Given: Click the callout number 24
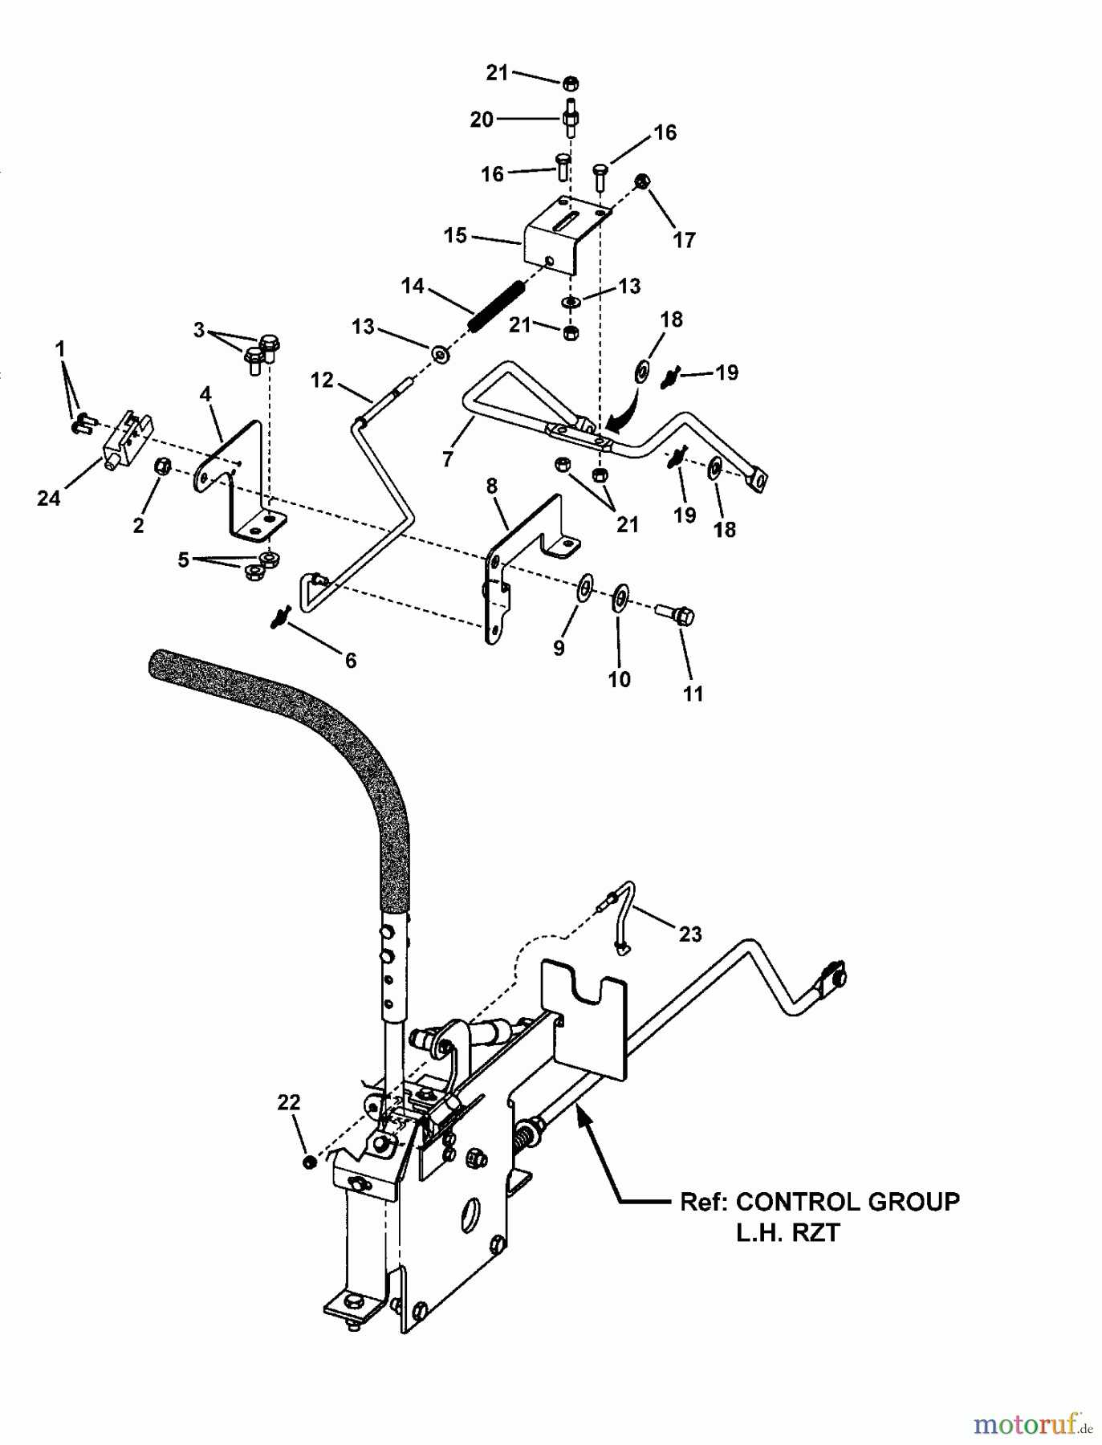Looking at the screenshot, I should [48, 499].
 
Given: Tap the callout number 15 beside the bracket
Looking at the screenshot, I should [455, 236].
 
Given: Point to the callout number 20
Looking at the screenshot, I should [481, 120].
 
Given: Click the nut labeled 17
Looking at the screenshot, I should [642, 181].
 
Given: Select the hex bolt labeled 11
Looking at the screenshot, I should [679, 616].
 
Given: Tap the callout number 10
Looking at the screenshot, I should [619, 679].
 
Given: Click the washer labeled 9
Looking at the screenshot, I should [585, 587].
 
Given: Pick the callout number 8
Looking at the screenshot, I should [491, 486].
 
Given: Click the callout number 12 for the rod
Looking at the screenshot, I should [322, 380].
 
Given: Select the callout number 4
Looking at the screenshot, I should [205, 394].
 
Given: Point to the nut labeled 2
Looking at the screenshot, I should [161, 466].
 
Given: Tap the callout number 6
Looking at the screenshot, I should [351, 660].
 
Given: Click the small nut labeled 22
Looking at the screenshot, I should [309, 1162].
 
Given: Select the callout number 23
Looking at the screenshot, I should [689, 934].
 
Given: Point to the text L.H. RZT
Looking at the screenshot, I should [787, 1233].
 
